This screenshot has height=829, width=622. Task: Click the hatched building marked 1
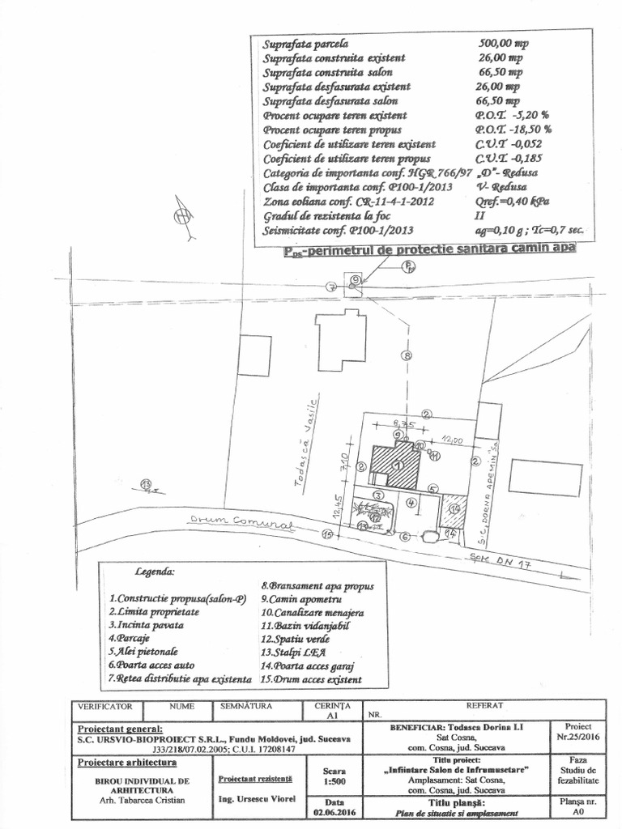(x=397, y=466)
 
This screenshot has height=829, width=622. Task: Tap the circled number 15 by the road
(x=327, y=534)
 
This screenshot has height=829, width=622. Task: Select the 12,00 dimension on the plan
(x=452, y=440)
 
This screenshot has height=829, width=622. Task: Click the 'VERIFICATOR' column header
(x=104, y=707)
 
